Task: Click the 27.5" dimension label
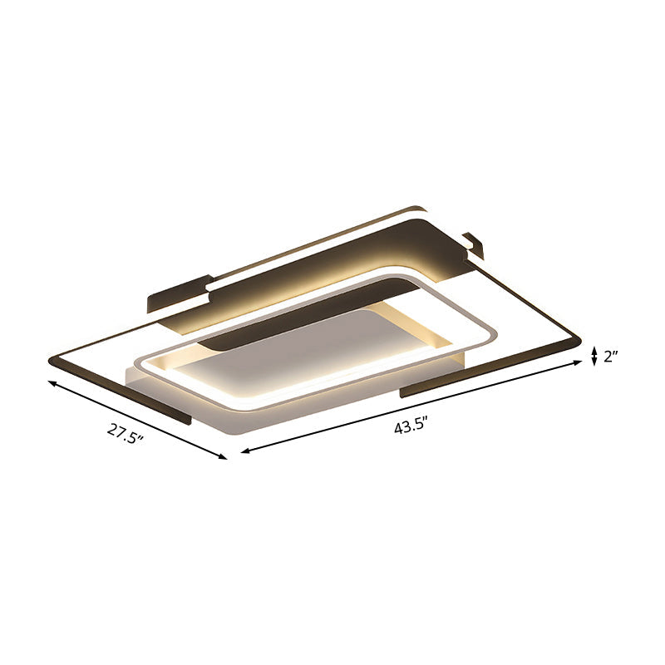[x=125, y=432]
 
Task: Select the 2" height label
[x=613, y=357]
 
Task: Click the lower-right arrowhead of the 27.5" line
[x=222, y=456]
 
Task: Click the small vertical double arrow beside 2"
[x=594, y=357]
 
